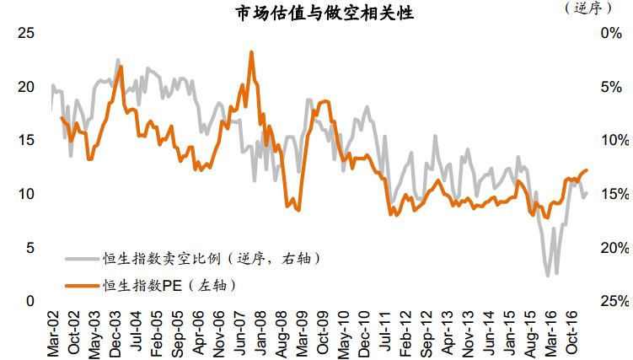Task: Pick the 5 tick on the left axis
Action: pyautogui.click(x=31, y=248)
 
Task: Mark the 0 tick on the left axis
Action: pyautogui.click(x=31, y=301)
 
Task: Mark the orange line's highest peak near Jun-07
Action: pyautogui.click(x=251, y=52)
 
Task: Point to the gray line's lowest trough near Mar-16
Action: pyautogui.click(x=548, y=276)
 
